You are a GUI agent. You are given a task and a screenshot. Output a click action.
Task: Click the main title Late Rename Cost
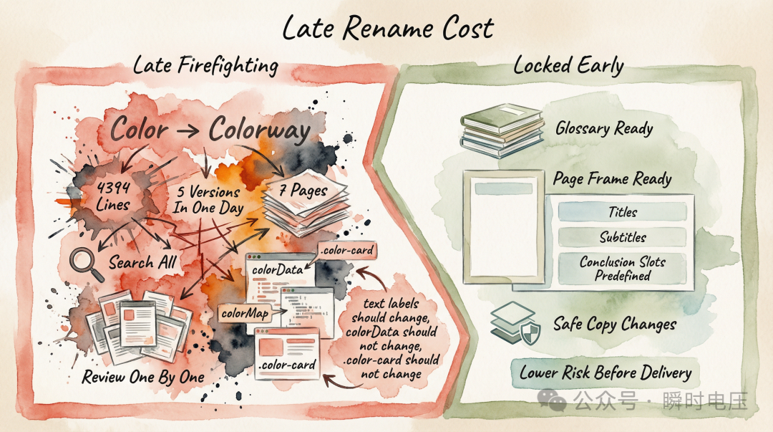[387, 28]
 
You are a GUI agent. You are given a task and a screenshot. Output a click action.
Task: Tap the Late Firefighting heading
[205, 65]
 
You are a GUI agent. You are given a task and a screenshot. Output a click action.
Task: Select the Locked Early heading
[568, 66]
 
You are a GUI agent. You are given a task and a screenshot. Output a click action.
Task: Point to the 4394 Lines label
[112, 196]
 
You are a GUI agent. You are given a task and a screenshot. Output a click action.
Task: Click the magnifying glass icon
[84, 263]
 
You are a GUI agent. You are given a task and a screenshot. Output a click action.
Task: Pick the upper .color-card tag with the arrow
[347, 251]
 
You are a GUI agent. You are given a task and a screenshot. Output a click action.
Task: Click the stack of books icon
[500, 128]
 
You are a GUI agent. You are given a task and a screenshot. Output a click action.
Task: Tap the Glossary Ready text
[604, 129]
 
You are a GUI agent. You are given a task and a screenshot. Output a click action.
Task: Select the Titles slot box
[622, 212]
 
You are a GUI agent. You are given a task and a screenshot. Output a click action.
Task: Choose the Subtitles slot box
[622, 237]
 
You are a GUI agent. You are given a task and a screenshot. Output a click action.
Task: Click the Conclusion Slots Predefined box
[622, 269]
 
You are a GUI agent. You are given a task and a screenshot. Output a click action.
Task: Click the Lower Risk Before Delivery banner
[605, 373]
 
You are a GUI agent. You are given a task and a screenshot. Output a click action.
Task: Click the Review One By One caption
[143, 378]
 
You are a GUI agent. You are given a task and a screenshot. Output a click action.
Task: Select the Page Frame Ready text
[612, 178]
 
